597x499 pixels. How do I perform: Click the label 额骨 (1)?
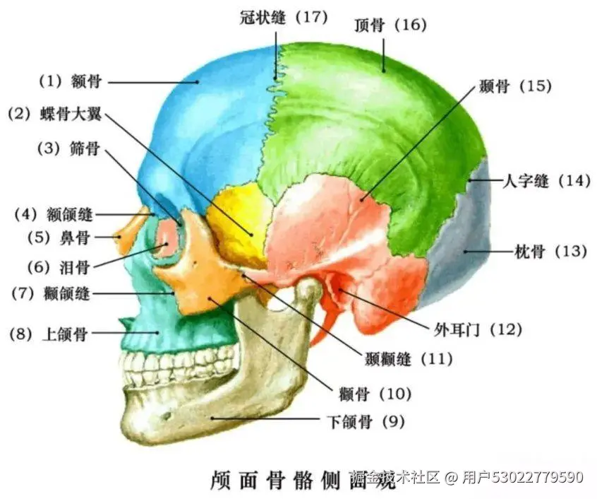point(70,81)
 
